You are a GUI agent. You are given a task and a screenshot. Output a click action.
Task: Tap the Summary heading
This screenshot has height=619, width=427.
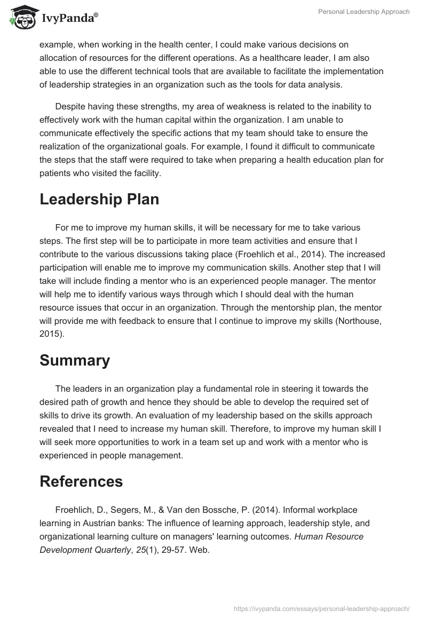click(x=75, y=360)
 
